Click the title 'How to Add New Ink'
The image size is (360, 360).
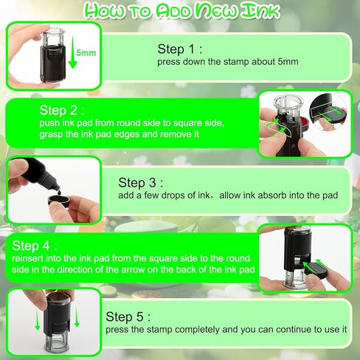pos(180,10)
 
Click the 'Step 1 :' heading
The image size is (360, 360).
pos(180,49)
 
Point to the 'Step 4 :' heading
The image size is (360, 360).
pos(35,245)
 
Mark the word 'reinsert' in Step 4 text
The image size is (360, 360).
pos(29,258)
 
